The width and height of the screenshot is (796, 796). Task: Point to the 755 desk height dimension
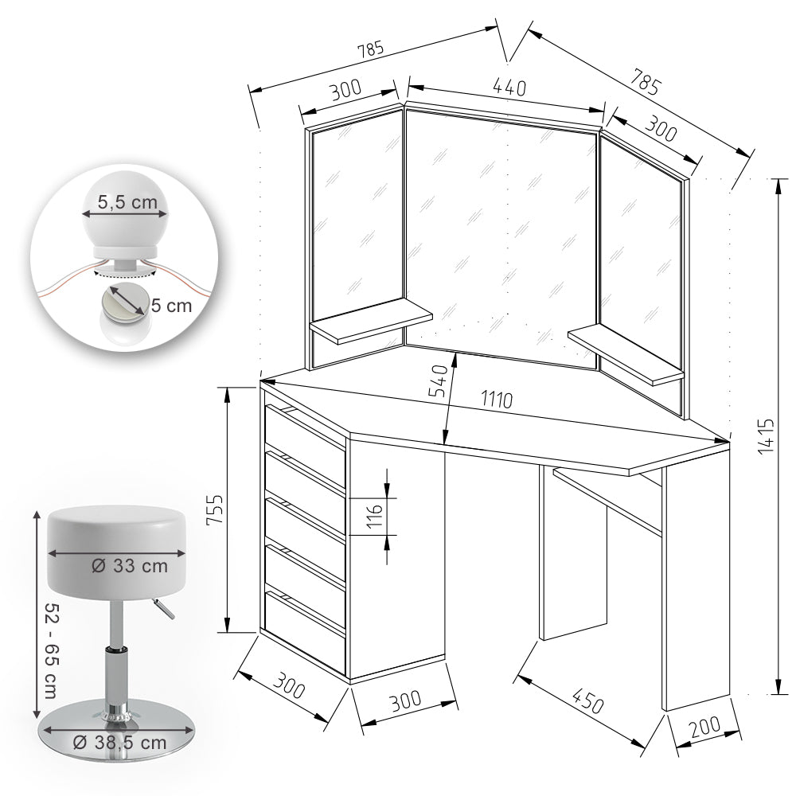click(212, 509)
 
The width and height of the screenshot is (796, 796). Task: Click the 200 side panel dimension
click(705, 727)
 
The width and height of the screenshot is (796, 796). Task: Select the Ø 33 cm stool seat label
click(129, 566)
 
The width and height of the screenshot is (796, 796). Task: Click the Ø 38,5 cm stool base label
click(119, 742)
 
